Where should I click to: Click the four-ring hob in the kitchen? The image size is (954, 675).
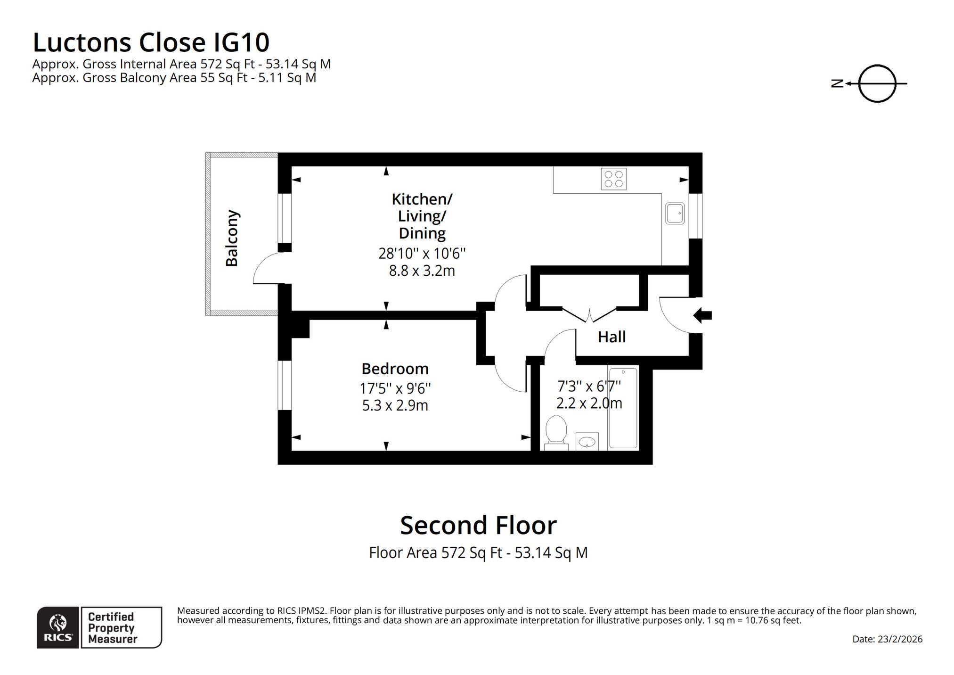(x=613, y=179)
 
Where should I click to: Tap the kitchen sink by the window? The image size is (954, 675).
(x=675, y=214)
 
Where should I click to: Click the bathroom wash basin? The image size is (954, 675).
(x=587, y=442)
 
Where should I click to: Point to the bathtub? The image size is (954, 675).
(x=623, y=408)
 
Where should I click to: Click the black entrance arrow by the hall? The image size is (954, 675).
(x=702, y=315)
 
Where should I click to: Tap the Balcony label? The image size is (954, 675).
(x=231, y=238)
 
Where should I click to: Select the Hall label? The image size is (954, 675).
(x=612, y=337)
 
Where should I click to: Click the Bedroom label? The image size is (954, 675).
(x=395, y=369)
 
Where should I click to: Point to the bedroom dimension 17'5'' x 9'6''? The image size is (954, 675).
(x=395, y=388)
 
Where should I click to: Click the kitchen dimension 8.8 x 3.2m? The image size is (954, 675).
(x=422, y=271)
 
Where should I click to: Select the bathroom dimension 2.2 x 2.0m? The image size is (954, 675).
(x=589, y=403)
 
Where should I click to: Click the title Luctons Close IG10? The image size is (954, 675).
(x=151, y=42)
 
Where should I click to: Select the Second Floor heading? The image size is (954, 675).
(x=478, y=525)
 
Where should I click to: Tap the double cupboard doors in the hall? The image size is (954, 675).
(x=589, y=315)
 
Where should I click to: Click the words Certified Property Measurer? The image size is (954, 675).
(x=112, y=628)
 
